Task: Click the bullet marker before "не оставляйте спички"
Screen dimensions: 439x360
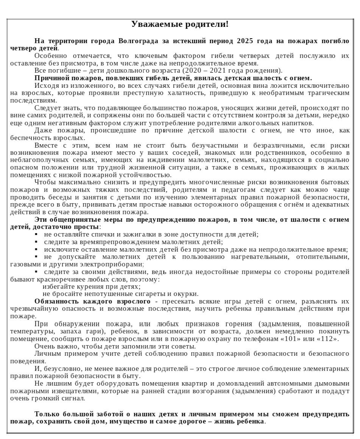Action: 36,235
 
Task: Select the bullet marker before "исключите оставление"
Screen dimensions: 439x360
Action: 36,250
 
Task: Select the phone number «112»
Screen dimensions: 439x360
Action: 327,339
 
